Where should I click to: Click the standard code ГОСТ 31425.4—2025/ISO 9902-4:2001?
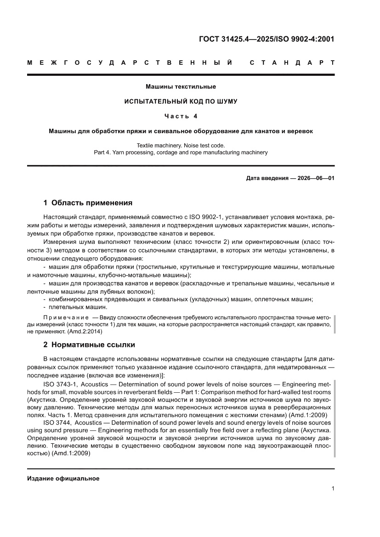[266, 39]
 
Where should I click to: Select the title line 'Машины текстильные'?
[181, 86]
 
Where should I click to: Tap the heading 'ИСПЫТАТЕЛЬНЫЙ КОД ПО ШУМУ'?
[181, 101]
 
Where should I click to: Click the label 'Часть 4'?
[181, 116]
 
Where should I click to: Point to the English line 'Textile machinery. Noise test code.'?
[181, 145]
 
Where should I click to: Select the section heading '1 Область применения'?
[88, 203]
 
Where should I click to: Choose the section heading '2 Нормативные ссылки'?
[89, 345]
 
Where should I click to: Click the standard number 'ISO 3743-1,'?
[57, 384]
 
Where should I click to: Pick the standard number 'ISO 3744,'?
[57, 422]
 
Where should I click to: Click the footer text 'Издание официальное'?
[63, 479]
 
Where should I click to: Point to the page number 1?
[332, 489]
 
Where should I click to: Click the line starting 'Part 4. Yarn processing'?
[181, 152]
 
